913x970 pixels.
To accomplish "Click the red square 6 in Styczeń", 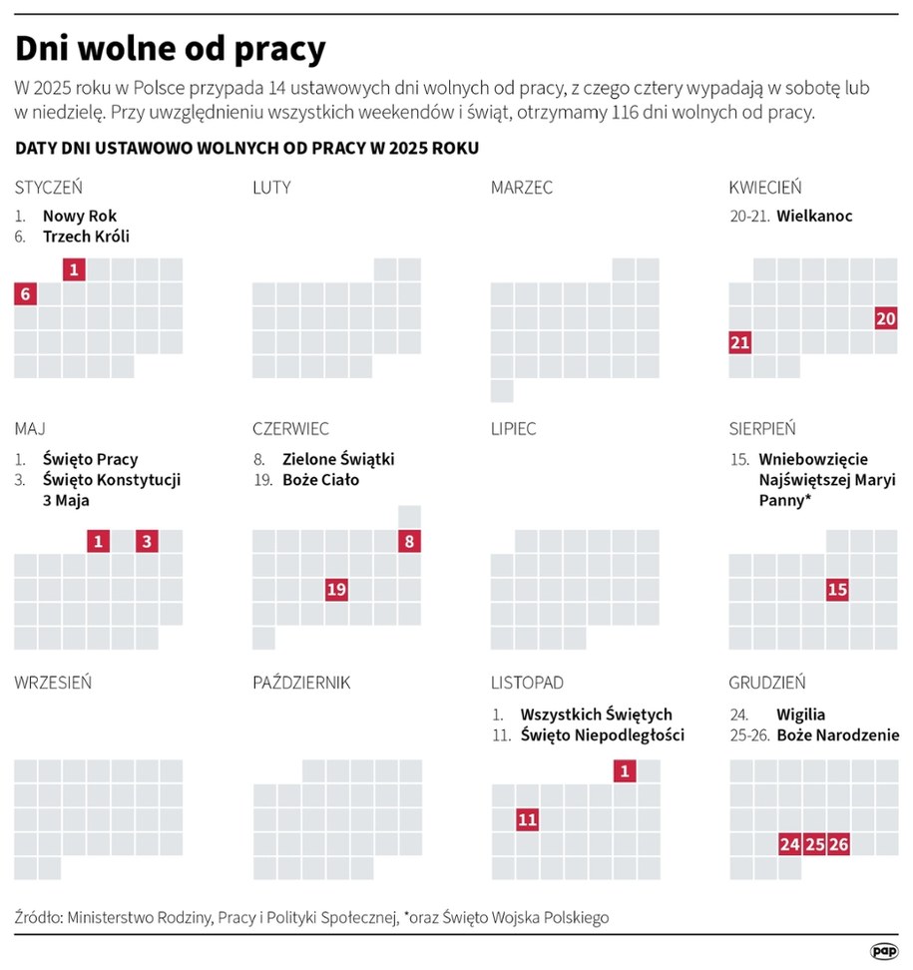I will [26, 293].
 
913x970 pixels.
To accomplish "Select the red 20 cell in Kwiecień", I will [885, 318].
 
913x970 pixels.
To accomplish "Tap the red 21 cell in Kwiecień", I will [739, 342].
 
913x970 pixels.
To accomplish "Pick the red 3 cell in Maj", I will [147, 541].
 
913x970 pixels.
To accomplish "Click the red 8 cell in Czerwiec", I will [409, 541].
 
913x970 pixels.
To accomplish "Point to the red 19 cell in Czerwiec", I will [336, 589].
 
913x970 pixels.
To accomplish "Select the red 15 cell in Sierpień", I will [837, 589].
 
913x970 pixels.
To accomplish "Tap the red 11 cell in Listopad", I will [527, 819].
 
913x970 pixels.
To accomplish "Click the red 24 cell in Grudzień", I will [789, 843].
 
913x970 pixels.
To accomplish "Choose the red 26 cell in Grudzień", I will [838, 843].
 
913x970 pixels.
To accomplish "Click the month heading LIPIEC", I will [513, 429].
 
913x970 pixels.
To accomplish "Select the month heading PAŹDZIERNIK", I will [301, 683].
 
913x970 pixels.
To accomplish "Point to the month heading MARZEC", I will [521, 187].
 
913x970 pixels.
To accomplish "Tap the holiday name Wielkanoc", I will [814, 216].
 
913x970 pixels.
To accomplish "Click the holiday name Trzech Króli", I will [86, 237].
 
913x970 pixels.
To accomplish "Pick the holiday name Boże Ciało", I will [320, 479].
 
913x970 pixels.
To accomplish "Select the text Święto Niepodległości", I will [602, 735].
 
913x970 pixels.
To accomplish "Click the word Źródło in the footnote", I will [38, 916].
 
